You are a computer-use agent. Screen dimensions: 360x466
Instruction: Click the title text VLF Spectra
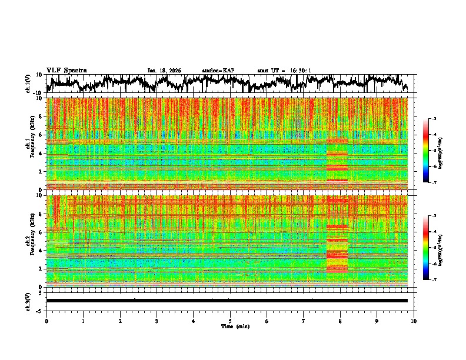point(66,70)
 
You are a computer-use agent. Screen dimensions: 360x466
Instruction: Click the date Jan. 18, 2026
point(164,71)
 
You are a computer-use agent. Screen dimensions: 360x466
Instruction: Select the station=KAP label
point(218,71)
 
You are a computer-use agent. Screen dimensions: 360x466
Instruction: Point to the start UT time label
point(284,71)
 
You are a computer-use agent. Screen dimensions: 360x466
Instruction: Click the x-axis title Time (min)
point(229,326)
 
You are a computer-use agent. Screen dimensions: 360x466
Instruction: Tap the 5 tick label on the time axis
point(230,321)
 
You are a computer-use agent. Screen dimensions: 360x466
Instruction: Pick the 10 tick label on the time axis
point(414,321)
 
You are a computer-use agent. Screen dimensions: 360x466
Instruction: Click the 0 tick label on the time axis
point(46,321)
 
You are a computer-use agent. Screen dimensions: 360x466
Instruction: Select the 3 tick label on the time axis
point(157,321)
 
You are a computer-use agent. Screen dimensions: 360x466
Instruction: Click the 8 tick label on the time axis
point(340,321)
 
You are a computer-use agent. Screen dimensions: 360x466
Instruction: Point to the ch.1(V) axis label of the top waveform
point(28,84)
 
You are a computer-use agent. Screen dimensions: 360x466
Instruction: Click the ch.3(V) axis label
point(28,301)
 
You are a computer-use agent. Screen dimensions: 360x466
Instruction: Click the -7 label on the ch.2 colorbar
point(434,280)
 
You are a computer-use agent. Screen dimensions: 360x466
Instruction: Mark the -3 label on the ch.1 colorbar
point(434,119)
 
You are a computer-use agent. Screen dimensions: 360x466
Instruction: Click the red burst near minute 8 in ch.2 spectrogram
point(337,241)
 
